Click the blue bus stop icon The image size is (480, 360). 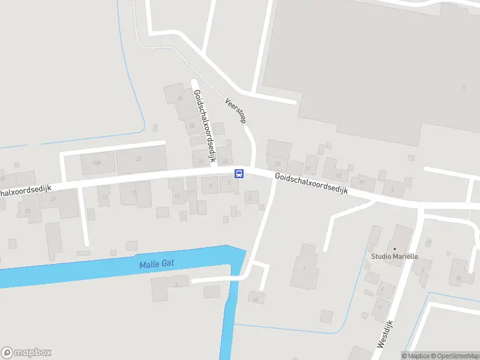(x=239, y=174)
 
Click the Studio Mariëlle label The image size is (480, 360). (x=394, y=256)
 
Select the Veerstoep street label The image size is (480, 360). (x=236, y=111)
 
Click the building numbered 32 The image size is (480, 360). (x=140, y=159)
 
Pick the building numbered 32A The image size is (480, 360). (x=97, y=163)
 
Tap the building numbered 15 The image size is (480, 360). (x=134, y=193)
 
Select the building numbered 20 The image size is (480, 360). (x=277, y=163)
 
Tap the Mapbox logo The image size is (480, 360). (x=26, y=353)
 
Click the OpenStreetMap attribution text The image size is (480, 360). (x=455, y=356)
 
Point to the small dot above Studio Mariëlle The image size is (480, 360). (x=394, y=248)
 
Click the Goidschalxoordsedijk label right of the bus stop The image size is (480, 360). (x=312, y=183)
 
